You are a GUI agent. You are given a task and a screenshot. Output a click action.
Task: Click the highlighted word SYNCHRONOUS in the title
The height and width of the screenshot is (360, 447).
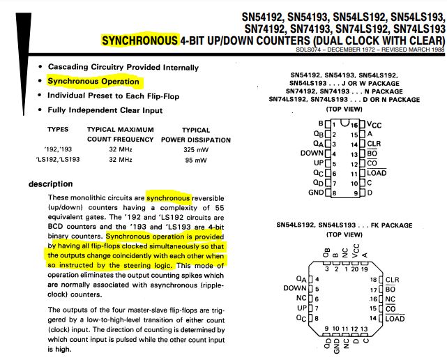click(139, 40)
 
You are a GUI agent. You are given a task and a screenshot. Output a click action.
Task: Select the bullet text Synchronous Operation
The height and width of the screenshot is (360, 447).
click(93, 81)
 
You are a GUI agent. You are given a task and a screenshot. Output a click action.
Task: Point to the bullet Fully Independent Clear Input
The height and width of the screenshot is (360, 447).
click(105, 110)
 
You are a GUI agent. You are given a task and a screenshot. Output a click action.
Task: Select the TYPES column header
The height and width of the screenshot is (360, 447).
click(59, 130)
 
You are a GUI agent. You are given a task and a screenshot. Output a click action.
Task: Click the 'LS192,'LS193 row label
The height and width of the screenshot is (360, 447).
click(54, 160)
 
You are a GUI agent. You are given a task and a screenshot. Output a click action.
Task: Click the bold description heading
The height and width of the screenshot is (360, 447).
click(50, 184)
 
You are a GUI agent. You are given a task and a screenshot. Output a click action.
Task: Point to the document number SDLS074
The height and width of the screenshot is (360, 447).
click(311, 50)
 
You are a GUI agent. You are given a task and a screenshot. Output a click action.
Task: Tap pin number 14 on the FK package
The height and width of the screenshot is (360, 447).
click(372, 318)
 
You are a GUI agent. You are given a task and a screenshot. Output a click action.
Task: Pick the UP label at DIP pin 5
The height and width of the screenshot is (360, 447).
click(318, 163)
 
